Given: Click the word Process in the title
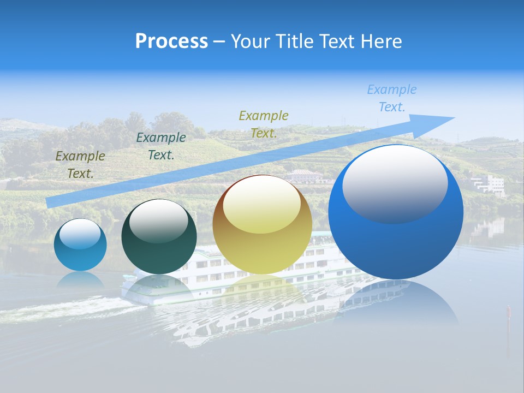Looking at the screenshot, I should tap(171, 41).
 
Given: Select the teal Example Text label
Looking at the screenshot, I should tap(160, 146).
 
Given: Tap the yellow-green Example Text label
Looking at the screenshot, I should tap(264, 124).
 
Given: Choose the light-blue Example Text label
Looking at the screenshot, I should tap(391, 98).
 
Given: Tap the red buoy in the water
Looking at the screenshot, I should tap(508, 312).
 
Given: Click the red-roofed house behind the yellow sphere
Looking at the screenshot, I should tap(304, 175).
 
